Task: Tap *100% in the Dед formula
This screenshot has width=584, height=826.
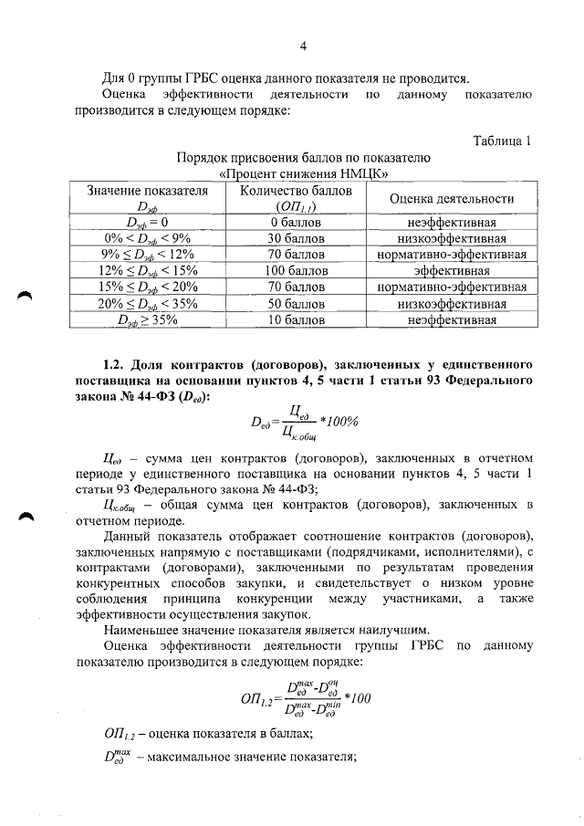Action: [x=338, y=422]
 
